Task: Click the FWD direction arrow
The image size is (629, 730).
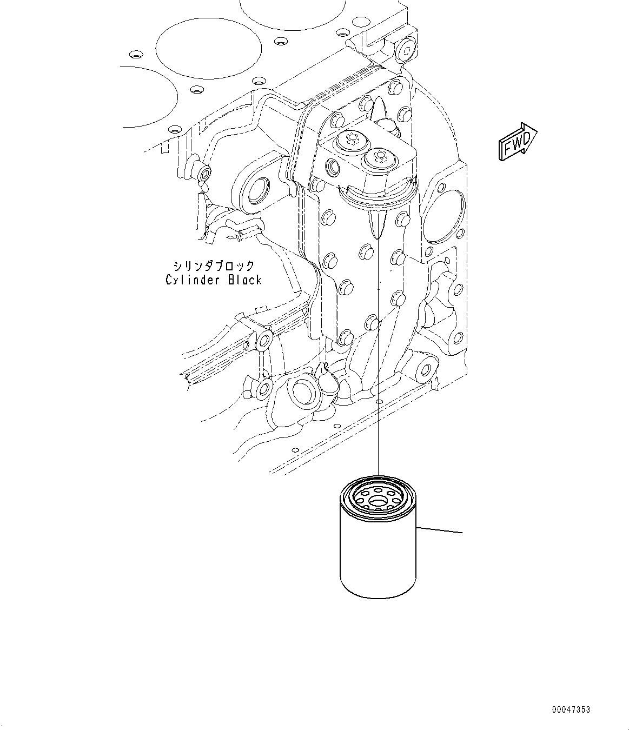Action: (517, 142)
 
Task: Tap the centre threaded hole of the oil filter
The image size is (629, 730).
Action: (379, 502)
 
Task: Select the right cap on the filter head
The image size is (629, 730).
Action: (379, 158)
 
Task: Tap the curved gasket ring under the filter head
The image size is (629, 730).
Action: (379, 199)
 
